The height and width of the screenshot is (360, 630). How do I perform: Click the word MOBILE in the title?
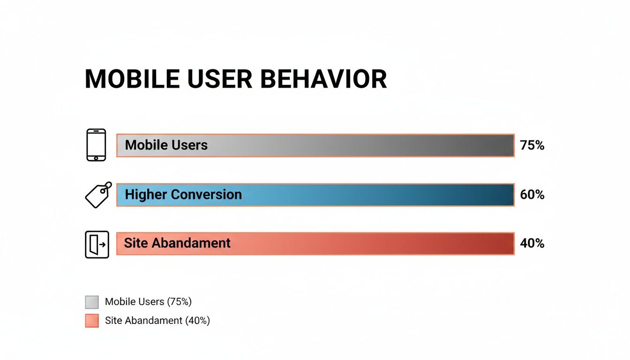(132, 79)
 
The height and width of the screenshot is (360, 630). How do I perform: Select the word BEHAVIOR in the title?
(323, 79)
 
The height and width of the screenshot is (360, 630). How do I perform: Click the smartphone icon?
(96, 145)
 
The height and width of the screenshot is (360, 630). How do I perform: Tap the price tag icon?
(98, 195)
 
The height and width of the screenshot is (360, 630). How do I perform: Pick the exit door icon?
(97, 244)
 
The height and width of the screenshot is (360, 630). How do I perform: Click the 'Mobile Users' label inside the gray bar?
(166, 145)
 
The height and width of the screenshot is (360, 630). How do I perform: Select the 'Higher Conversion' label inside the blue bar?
(183, 195)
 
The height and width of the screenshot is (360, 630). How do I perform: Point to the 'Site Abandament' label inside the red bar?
(177, 243)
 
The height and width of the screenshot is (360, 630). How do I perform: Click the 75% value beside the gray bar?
(532, 146)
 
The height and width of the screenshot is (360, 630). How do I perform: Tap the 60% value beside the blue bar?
(532, 195)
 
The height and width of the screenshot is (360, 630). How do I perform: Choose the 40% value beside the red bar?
(532, 243)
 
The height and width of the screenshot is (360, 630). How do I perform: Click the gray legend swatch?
(92, 302)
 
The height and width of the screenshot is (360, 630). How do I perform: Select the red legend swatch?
(92, 321)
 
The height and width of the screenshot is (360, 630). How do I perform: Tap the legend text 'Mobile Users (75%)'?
(148, 302)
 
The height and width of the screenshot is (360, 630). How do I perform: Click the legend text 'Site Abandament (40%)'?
(157, 321)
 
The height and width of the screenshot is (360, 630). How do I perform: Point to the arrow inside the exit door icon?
(103, 245)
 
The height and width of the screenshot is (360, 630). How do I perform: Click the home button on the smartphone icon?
(96, 157)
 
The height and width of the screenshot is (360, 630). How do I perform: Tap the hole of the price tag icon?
(103, 191)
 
